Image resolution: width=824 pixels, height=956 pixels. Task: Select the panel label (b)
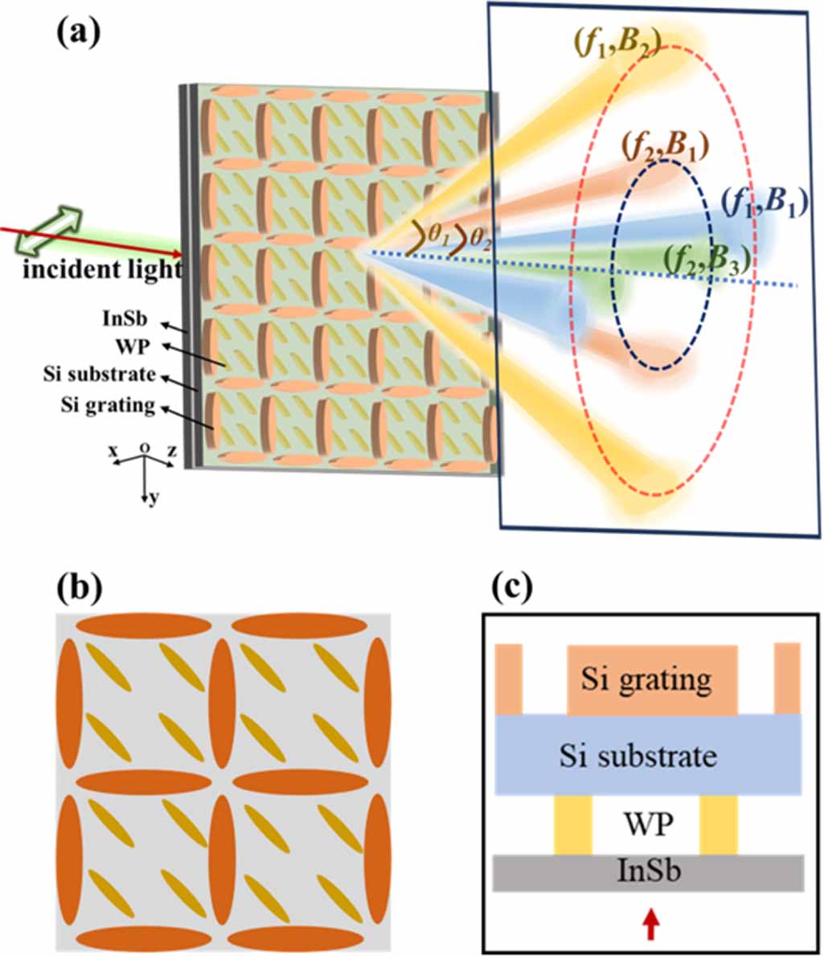pos(78,589)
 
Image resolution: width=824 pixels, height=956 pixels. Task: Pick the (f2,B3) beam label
pos(707,258)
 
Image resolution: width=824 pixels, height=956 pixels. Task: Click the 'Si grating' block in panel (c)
pos(652,680)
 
